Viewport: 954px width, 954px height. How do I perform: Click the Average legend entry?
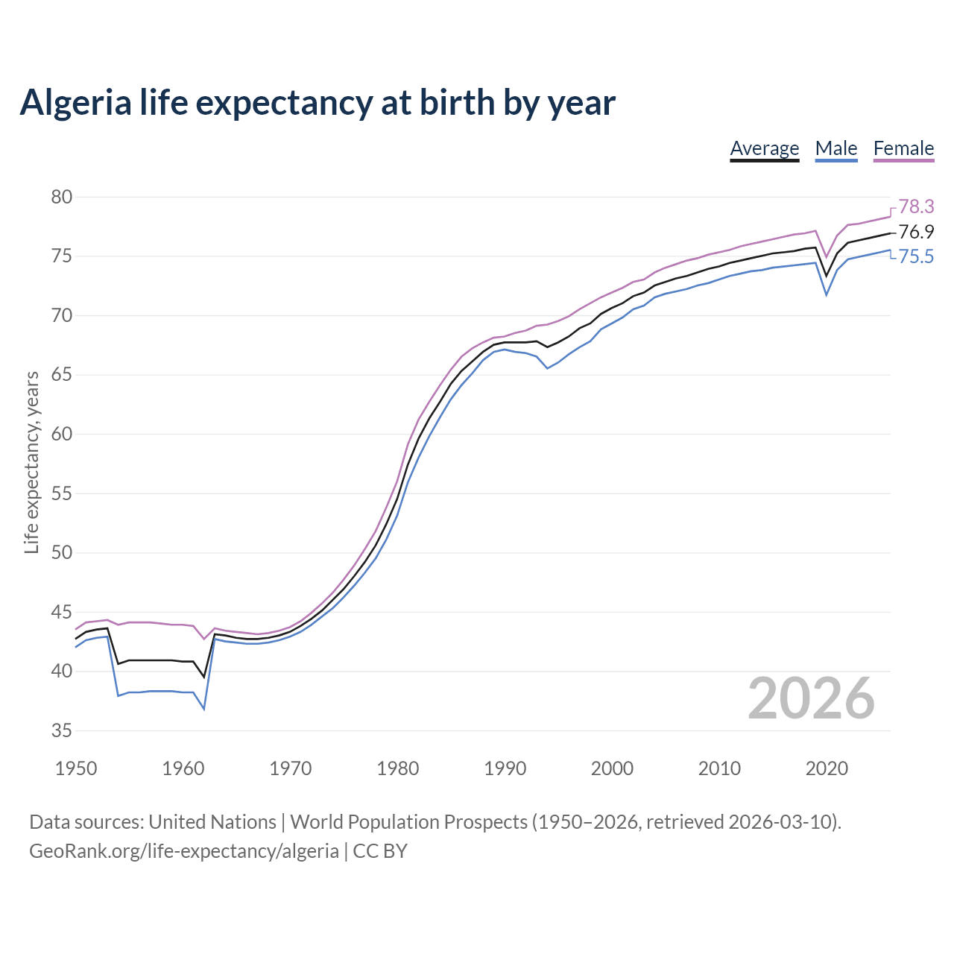point(764,148)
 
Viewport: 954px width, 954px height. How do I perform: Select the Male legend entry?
point(835,148)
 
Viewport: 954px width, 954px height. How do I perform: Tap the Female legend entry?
point(903,148)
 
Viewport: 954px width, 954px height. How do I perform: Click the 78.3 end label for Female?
point(916,206)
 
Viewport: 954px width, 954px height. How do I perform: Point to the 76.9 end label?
point(916,232)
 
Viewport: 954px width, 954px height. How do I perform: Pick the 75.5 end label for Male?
point(916,257)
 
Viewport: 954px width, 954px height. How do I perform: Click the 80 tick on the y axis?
point(62,198)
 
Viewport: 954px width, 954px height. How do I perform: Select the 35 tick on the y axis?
point(62,731)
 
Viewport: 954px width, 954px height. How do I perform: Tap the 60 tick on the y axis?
point(62,435)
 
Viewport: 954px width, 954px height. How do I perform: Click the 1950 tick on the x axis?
point(76,768)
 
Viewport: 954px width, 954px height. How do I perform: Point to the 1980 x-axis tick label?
point(397,768)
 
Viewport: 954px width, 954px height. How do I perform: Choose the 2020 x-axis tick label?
point(827,768)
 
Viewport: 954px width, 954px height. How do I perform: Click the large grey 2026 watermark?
point(811,698)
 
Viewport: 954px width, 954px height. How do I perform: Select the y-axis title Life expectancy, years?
point(31,463)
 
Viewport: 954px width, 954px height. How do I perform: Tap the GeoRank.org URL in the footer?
point(183,850)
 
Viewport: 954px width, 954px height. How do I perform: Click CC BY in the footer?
point(380,850)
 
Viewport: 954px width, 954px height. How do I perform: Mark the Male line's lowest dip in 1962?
point(203,708)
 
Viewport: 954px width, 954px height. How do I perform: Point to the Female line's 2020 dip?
point(826,257)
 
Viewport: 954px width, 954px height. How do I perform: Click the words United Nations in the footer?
point(212,822)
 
